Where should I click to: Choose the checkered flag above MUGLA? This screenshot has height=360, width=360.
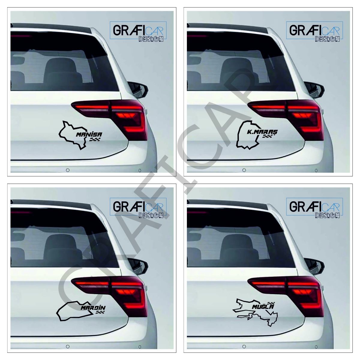click(x=270, y=302)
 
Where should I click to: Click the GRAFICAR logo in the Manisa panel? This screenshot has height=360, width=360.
click(x=138, y=31)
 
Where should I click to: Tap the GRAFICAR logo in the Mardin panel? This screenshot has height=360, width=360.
click(x=138, y=208)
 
